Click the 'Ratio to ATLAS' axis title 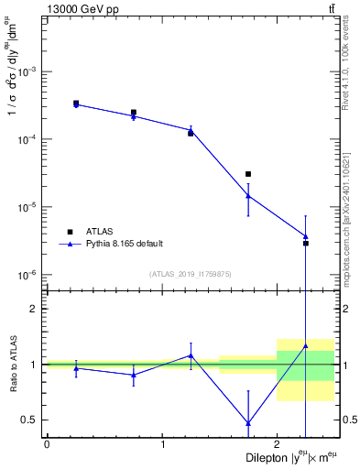[13, 364]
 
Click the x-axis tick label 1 [162, 444]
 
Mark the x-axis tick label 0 [47, 444]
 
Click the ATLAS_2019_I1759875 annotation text [191, 274]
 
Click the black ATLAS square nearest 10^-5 [248, 174]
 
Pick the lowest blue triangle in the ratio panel [248, 422]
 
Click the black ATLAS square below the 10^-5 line [306, 243]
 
